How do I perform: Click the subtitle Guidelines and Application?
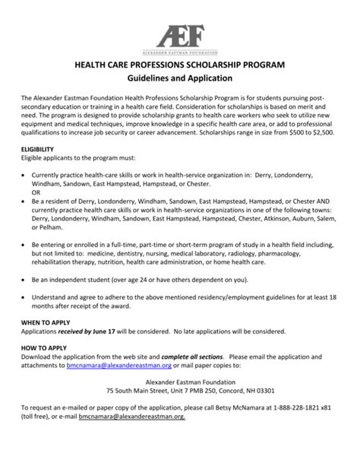point(179,79)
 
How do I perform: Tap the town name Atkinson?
point(279,217)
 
